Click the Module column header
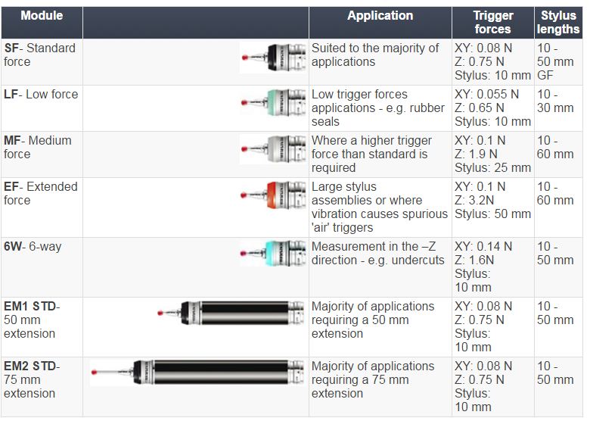[42, 15]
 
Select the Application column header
[380, 15]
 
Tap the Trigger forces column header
[493, 22]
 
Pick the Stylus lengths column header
[558, 22]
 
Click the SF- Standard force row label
[39, 55]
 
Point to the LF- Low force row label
[41, 94]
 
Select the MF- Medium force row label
[38, 147]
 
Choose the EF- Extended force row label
[41, 193]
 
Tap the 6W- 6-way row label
[33, 246]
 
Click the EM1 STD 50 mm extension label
[32, 320]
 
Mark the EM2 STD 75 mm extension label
[32, 379]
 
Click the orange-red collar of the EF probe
[272, 195]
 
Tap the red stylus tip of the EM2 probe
[94, 373]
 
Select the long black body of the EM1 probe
[245, 313]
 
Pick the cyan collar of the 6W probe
[272, 254]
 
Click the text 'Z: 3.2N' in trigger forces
[474, 200]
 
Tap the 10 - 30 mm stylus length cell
[555, 101]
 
